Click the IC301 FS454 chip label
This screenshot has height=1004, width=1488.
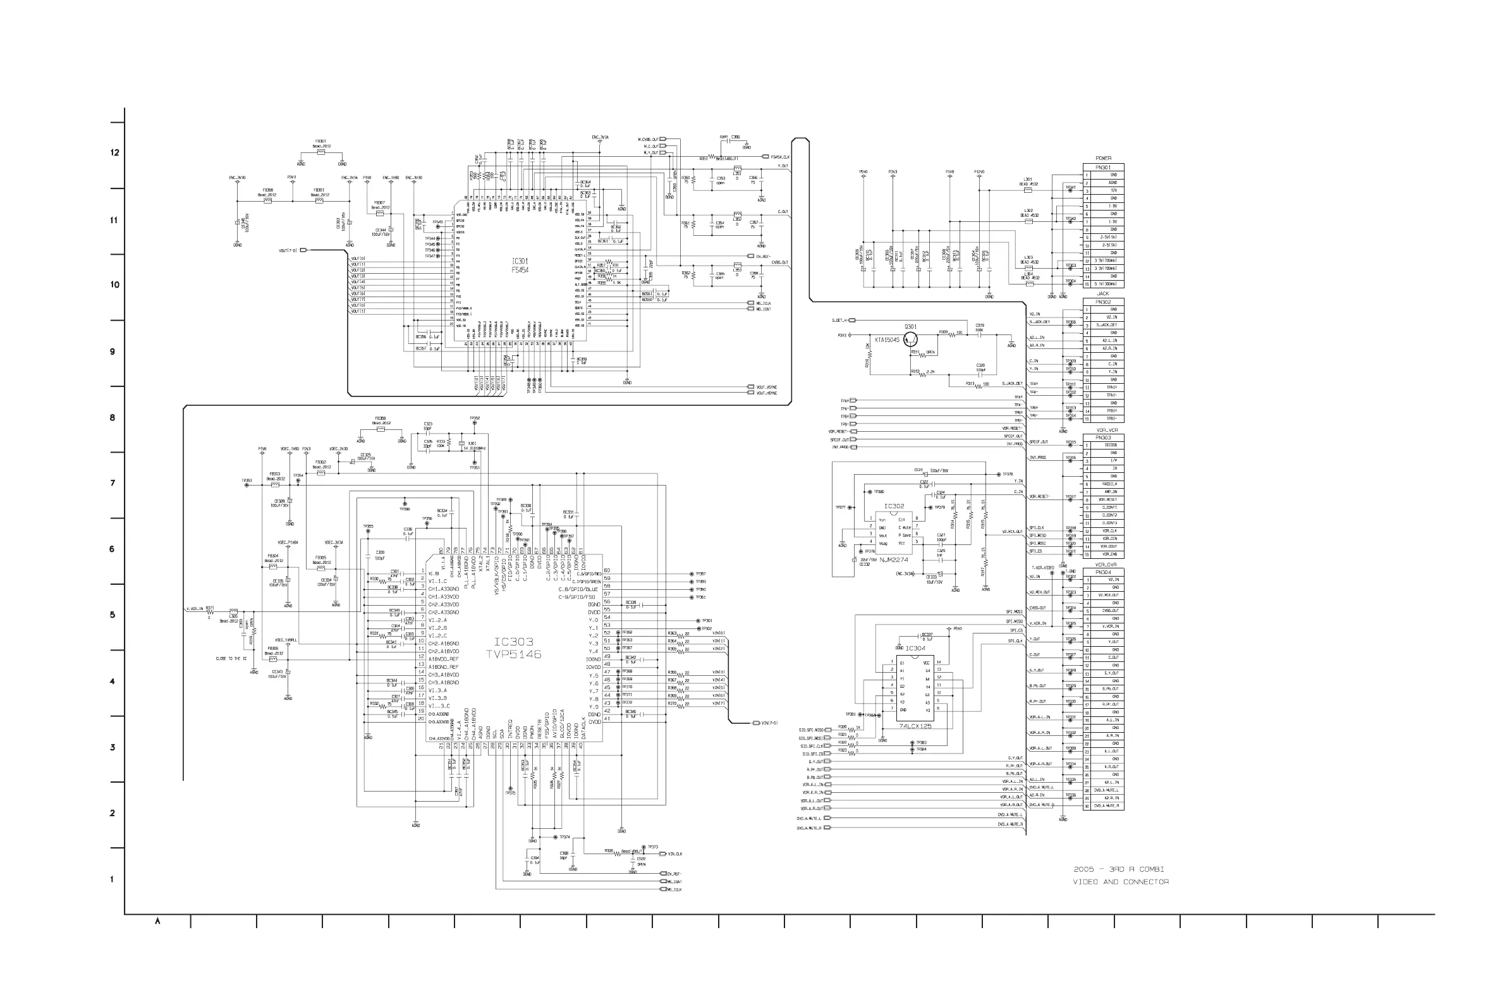520,266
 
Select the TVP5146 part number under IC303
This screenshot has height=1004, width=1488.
513,654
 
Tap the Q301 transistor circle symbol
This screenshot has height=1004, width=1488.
910,340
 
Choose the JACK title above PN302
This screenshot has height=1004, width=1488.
1102,294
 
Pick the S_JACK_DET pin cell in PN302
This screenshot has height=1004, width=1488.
1107,324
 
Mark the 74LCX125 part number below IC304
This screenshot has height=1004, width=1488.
915,725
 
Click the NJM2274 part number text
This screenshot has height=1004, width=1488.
894,560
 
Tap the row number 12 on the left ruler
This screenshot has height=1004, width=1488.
114,152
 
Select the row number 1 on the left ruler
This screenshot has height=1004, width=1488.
112,879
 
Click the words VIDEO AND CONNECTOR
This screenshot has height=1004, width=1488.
1121,882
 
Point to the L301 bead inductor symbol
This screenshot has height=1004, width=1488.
1028,190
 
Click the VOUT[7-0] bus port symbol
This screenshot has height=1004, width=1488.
303,250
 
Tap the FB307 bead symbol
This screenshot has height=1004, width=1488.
379,214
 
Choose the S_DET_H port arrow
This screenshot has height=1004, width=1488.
852,320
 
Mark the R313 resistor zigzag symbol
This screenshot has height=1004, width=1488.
979,386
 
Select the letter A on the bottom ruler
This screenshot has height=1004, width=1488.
157,921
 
